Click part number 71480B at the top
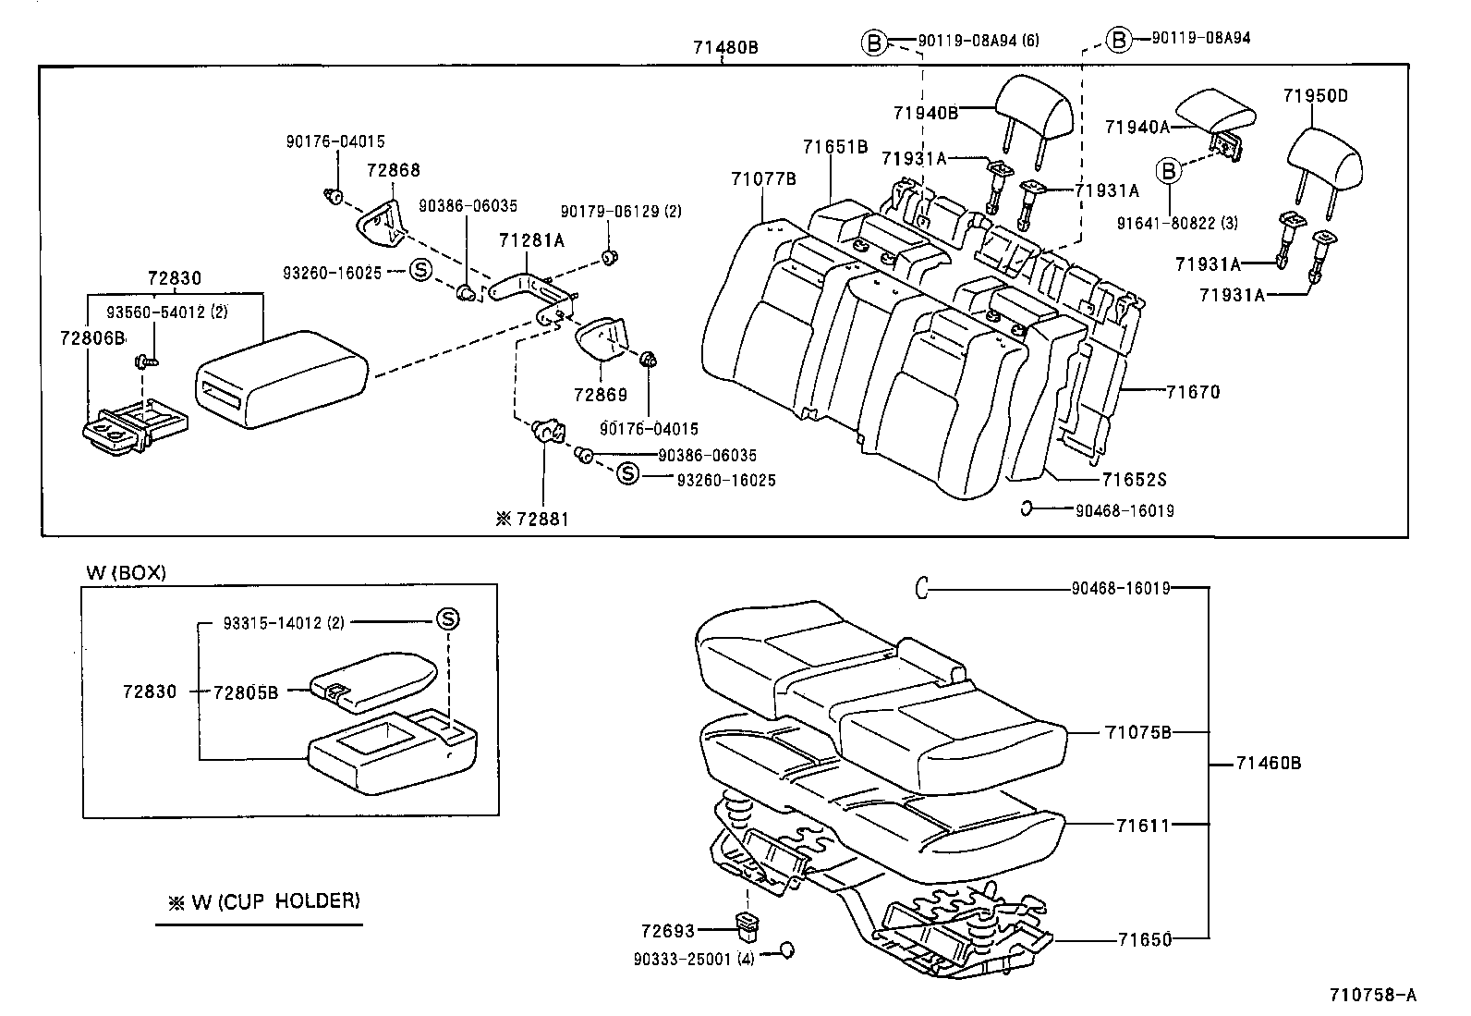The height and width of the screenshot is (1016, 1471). click(x=725, y=47)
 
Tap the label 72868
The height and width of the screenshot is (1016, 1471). click(x=393, y=170)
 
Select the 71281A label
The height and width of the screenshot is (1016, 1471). click(x=531, y=240)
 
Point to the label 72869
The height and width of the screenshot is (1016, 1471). click(x=600, y=395)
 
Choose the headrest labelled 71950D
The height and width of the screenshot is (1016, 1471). click(x=1327, y=157)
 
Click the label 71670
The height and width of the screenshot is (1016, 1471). click(x=1192, y=392)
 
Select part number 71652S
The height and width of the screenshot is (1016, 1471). click(x=1134, y=480)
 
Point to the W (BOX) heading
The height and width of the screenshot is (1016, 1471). click(x=126, y=572)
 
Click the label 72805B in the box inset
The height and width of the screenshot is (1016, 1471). click(x=245, y=692)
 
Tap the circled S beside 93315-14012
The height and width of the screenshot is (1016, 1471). click(x=447, y=619)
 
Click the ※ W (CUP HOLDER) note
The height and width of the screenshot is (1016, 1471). click(x=263, y=901)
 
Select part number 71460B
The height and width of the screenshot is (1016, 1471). click(x=1268, y=763)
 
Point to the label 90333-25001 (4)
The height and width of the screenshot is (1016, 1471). click(x=694, y=960)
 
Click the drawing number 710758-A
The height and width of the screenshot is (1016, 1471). click(x=1372, y=995)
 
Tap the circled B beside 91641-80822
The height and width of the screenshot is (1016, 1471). click(x=1169, y=171)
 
